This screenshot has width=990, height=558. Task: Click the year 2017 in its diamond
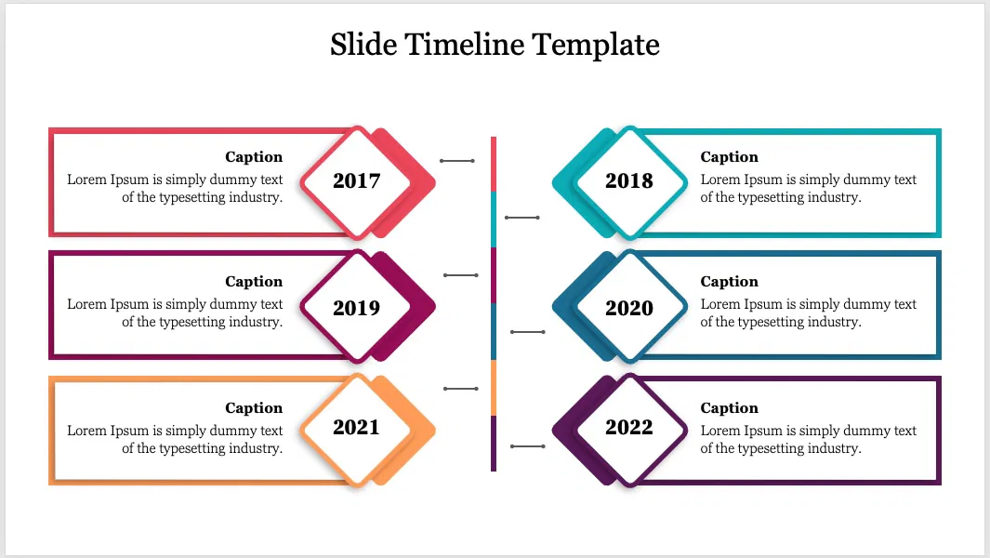click(357, 181)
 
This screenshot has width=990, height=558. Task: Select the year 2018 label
click(629, 181)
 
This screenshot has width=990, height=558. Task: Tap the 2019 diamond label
click(357, 308)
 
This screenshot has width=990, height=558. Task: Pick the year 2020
click(629, 308)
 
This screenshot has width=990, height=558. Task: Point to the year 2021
click(357, 427)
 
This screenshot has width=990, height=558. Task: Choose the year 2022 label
click(629, 427)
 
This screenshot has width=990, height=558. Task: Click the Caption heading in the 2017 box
click(254, 157)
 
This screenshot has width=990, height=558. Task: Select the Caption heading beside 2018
click(730, 157)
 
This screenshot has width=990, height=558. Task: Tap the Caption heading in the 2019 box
click(254, 282)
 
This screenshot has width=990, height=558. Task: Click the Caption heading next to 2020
click(730, 282)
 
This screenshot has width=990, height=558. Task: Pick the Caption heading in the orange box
click(254, 408)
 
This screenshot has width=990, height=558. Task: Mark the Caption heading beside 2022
click(730, 408)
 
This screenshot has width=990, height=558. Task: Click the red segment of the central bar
click(494, 164)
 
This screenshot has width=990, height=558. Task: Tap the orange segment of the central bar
click(494, 388)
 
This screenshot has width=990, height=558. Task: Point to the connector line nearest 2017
click(457, 161)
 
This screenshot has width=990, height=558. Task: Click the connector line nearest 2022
click(528, 447)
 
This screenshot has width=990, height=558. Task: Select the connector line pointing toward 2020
click(528, 332)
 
